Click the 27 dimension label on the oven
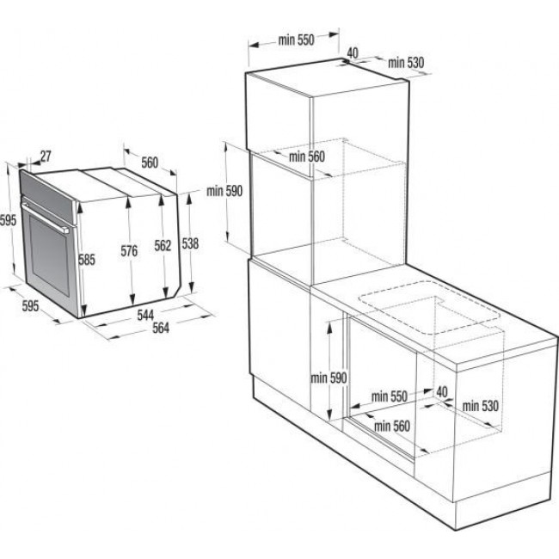pos(46,156)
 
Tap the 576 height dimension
pos(130,251)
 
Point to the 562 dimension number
pos(163,245)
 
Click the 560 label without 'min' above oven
pos(150,161)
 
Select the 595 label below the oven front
pos(30,305)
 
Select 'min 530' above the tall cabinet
pos(407,62)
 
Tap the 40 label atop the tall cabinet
pos(352,52)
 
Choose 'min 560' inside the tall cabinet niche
pos(307,156)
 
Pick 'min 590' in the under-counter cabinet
pos(329,378)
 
